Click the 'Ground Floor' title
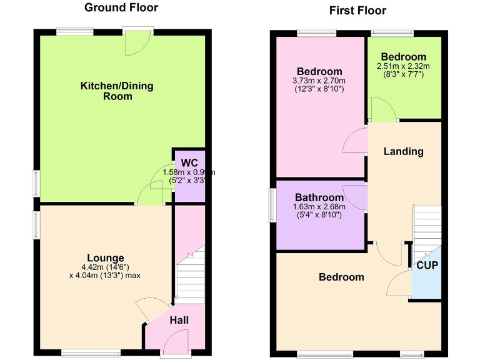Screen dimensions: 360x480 121,8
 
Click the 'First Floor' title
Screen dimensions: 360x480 357,11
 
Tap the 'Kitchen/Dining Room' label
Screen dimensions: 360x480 117,91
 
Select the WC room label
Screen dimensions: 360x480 189,163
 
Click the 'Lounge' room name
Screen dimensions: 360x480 106,257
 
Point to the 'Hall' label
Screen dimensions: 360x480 179,320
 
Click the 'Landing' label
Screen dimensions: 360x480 403,151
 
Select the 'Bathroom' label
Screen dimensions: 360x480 319,197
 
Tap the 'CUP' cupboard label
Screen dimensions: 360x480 427,265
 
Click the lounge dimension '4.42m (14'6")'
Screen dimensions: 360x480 106,267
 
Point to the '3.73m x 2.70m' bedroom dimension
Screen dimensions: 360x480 319,81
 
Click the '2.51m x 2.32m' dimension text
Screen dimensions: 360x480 403,66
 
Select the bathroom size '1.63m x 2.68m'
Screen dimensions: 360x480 319,207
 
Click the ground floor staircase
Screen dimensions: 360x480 189,275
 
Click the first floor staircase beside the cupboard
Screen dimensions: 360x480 427,228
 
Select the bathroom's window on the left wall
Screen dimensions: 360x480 272,205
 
